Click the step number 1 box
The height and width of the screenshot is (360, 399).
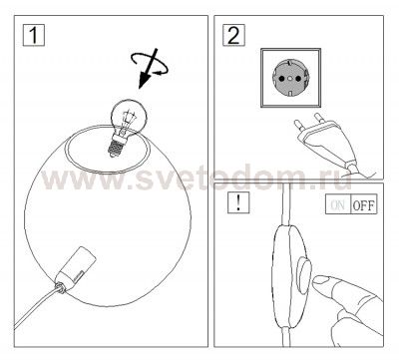(x=34, y=35)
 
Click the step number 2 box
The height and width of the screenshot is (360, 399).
(x=233, y=35)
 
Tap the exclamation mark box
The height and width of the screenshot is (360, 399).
(x=238, y=202)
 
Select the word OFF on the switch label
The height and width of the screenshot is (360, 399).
(x=364, y=204)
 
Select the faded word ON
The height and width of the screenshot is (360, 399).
(x=338, y=204)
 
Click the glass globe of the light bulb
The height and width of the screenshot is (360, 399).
(x=129, y=117)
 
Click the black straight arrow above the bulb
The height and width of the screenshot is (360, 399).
(x=148, y=69)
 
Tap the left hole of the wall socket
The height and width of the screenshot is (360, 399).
(x=281, y=79)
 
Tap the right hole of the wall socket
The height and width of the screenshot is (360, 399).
(x=298, y=79)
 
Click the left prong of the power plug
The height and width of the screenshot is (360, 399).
(x=298, y=127)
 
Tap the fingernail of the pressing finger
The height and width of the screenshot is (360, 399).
(x=320, y=279)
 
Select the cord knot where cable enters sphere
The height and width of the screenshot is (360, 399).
(x=60, y=287)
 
